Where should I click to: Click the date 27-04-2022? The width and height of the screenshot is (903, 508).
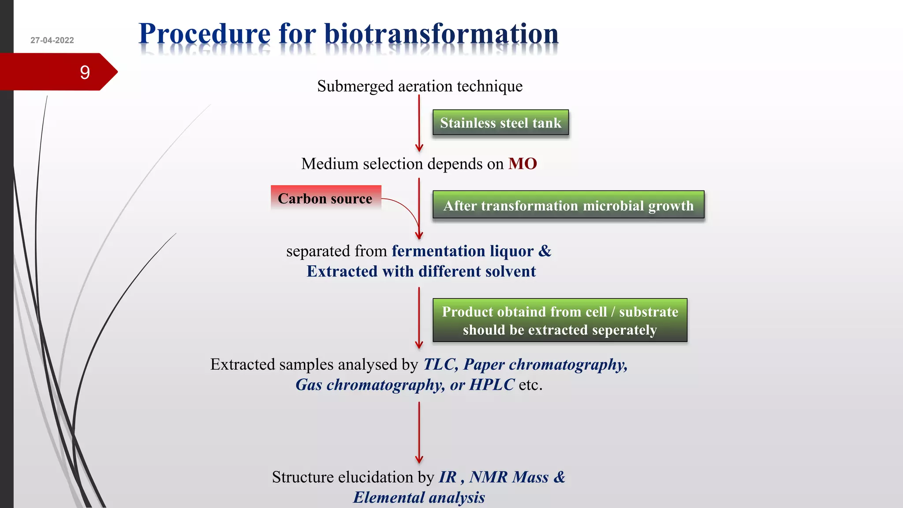[52, 40]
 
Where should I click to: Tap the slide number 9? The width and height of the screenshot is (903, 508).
[85, 72]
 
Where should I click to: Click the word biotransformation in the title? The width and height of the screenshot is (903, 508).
[441, 34]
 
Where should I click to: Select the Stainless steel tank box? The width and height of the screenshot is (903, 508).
[500, 123]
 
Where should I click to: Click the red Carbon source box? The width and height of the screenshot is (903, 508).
[325, 198]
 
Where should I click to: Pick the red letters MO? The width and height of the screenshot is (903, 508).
[522, 164]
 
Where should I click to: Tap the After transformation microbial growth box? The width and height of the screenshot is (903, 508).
[568, 205]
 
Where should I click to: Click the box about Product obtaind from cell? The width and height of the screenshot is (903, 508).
[560, 321]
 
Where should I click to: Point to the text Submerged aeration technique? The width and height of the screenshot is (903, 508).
[419, 86]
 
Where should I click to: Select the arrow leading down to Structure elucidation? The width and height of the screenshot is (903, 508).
[419, 432]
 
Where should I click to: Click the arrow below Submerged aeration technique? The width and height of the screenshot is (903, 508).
[419, 123]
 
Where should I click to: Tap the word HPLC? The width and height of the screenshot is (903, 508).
[492, 385]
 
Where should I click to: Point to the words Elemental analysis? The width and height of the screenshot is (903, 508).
[419, 497]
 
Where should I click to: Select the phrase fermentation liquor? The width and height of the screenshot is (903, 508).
[463, 251]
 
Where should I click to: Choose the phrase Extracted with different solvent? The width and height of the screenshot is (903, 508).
[421, 271]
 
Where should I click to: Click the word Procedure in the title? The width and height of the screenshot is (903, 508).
[204, 34]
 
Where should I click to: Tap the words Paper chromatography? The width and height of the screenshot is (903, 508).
[545, 364]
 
